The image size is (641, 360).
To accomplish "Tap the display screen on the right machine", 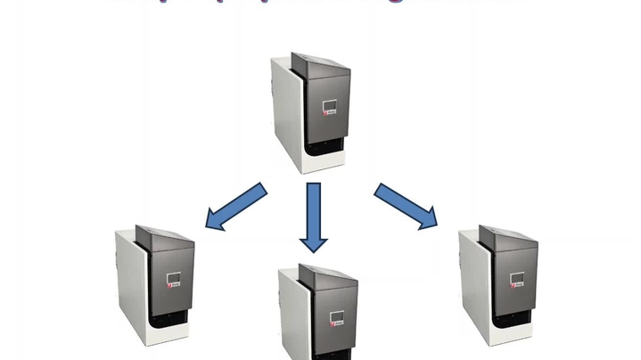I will (518, 279).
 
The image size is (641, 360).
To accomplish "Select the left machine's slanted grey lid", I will (166, 239).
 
